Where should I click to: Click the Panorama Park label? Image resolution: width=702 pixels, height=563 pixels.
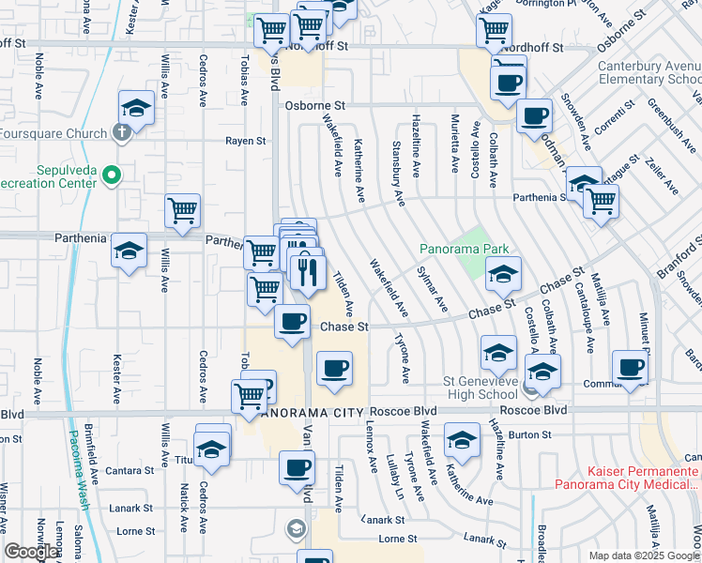point(464,249)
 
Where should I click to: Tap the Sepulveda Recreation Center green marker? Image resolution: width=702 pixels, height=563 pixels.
point(112,175)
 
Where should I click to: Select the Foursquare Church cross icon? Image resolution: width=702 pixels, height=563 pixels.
point(120,132)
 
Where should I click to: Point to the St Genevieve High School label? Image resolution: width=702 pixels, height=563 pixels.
point(480,388)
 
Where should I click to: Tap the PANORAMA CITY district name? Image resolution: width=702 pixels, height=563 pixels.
point(309,412)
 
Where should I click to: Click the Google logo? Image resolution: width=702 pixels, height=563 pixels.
point(32,552)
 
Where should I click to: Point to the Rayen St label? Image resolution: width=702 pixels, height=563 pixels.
point(245,141)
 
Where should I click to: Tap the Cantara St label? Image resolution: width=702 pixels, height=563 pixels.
point(130,470)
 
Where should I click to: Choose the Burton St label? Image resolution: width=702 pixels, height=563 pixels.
point(531,434)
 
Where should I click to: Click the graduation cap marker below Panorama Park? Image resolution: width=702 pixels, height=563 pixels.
point(503,275)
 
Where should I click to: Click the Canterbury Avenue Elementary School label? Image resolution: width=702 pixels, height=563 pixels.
point(649,73)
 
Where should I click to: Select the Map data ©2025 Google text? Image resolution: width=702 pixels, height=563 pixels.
point(644,555)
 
